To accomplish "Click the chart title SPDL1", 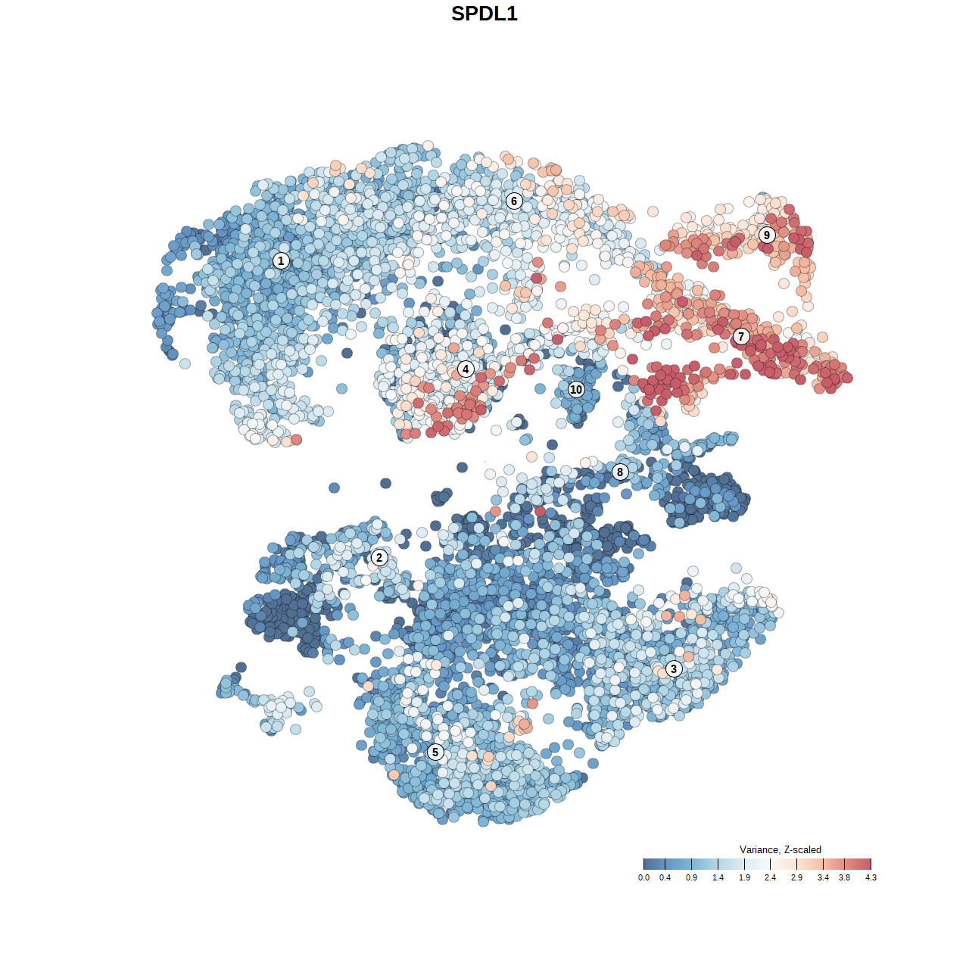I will tap(484, 14).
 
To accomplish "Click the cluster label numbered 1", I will tap(281, 260).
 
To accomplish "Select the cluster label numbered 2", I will tap(379, 558).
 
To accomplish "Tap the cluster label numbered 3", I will tap(674, 668).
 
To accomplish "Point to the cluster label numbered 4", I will tap(466, 369).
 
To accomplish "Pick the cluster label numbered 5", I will tap(435, 752).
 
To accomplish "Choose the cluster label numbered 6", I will tap(514, 201).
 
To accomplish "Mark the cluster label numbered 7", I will tap(741, 337).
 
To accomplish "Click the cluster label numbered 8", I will tap(620, 472).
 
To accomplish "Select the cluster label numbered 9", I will tap(767, 235).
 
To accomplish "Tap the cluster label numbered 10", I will tap(576, 389).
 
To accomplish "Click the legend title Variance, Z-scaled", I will tap(780, 849).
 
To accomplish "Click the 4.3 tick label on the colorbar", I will tap(871, 877).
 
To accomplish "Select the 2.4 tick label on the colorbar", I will tap(770, 877).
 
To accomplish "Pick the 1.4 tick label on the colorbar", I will tap(718, 877).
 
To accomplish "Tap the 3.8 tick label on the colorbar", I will tap(844, 877).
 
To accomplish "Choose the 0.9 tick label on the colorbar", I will tap(691, 877).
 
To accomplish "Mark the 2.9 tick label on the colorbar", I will tap(796, 877).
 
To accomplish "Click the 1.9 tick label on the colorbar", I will tap(744, 877).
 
